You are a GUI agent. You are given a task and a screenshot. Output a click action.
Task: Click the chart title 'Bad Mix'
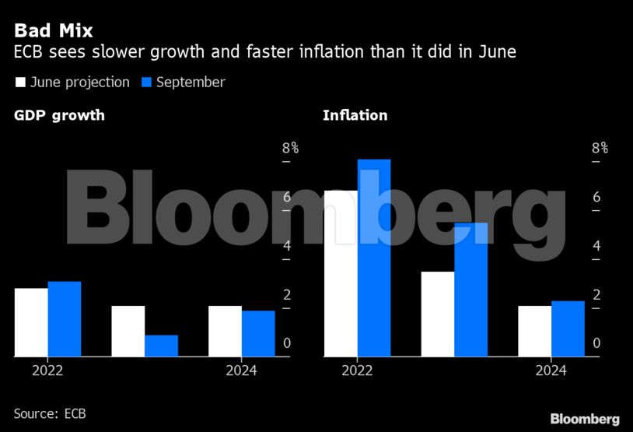[54, 31]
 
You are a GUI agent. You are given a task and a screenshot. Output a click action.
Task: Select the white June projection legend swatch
[20, 82]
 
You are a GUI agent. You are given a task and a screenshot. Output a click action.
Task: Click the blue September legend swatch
[146, 82]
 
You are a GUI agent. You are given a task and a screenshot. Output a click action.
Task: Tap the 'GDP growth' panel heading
[59, 116]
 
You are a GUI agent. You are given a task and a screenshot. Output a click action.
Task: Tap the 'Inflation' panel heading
[355, 116]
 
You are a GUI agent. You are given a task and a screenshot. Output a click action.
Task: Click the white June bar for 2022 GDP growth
[31, 322]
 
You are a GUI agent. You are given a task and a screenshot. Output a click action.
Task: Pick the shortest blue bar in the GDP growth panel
[161, 346]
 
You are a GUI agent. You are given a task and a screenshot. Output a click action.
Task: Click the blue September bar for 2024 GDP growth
[258, 333]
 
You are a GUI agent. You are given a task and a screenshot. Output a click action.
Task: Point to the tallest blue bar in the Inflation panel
[374, 258]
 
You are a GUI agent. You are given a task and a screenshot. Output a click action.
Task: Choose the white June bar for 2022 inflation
[341, 273]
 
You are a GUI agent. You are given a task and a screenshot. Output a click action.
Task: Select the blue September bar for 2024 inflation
[568, 328]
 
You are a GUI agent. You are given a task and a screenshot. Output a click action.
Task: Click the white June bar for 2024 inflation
[534, 331]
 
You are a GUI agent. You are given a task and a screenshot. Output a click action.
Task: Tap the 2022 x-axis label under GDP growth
[47, 371]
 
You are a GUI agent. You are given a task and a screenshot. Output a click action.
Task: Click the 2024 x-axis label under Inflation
[551, 371]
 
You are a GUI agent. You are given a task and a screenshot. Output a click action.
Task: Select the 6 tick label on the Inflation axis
[596, 197]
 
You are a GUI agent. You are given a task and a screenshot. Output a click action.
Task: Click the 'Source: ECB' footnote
[50, 413]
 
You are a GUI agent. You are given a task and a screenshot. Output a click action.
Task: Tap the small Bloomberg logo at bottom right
[585, 419]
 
